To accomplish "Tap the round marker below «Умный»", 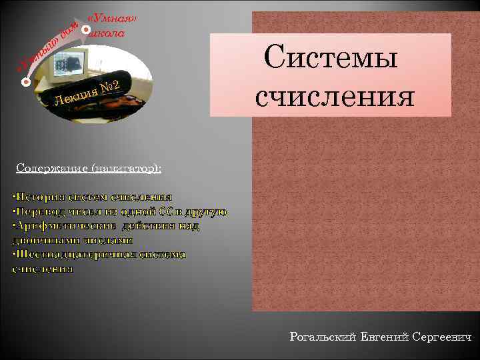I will (25, 83).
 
